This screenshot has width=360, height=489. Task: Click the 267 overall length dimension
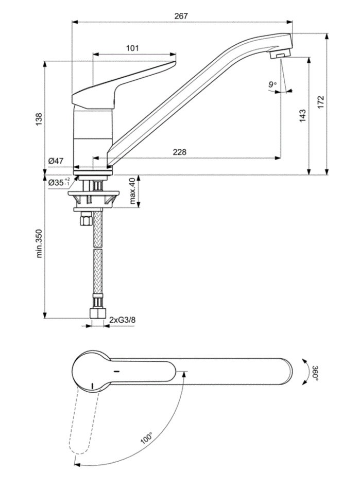click(181, 16)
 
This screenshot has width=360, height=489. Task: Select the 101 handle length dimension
click(132, 48)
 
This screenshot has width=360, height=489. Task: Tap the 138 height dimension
click(39, 119)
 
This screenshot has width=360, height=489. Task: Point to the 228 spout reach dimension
click(180, 151)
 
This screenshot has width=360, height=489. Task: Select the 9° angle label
click(272, 84)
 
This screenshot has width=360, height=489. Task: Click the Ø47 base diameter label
click(56, 161)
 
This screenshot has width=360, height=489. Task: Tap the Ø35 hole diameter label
click(58, 182)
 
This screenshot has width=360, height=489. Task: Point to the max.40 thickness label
click(132, 190)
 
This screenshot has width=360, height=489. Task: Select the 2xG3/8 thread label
click(123, 320)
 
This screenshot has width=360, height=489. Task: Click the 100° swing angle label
click(147, 438)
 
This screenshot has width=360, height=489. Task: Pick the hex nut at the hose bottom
click(97, 313)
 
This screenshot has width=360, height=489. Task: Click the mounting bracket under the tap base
click(93, 198)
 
